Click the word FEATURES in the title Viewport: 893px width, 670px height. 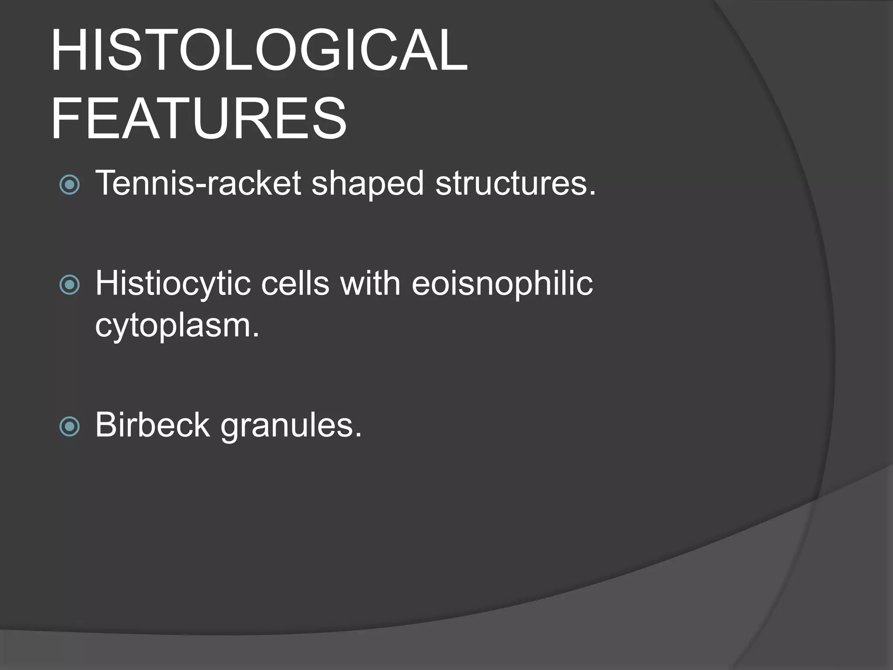(199, 119)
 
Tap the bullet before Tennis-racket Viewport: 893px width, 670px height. (69, 185)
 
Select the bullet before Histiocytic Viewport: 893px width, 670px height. (69, 285)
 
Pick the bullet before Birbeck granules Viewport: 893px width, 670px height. (69, 426)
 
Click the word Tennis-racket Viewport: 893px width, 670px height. (198, 183)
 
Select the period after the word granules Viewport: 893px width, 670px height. (358, 435)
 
